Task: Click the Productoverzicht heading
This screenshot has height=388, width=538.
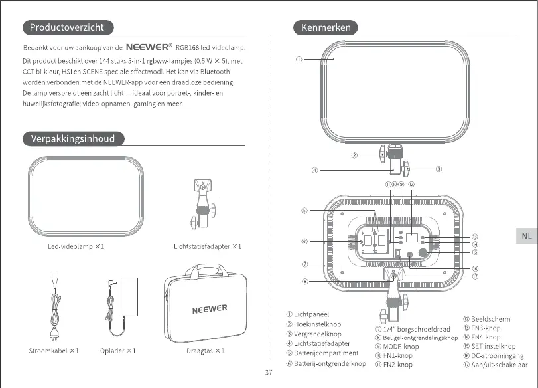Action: [68, 27]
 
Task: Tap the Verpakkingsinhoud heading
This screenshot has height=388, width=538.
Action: [72, 139]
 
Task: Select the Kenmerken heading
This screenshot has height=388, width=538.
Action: [326, 27]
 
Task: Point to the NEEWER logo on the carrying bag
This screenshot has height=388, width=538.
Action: [209, 309]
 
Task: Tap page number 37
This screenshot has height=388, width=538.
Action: [269, 372]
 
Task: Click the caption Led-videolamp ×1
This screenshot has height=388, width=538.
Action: [76, 246]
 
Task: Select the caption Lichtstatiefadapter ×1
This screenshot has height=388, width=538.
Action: [208, 246]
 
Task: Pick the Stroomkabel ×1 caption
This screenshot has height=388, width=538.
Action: [54, 350]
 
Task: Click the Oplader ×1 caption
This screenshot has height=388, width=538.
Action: [118, 350]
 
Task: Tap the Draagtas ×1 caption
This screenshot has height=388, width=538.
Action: [205, 350]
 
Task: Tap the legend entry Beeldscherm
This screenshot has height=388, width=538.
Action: [490, 320]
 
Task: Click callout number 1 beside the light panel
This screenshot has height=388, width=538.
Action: [299, 59]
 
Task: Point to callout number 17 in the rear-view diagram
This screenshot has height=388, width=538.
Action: [475, 276]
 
